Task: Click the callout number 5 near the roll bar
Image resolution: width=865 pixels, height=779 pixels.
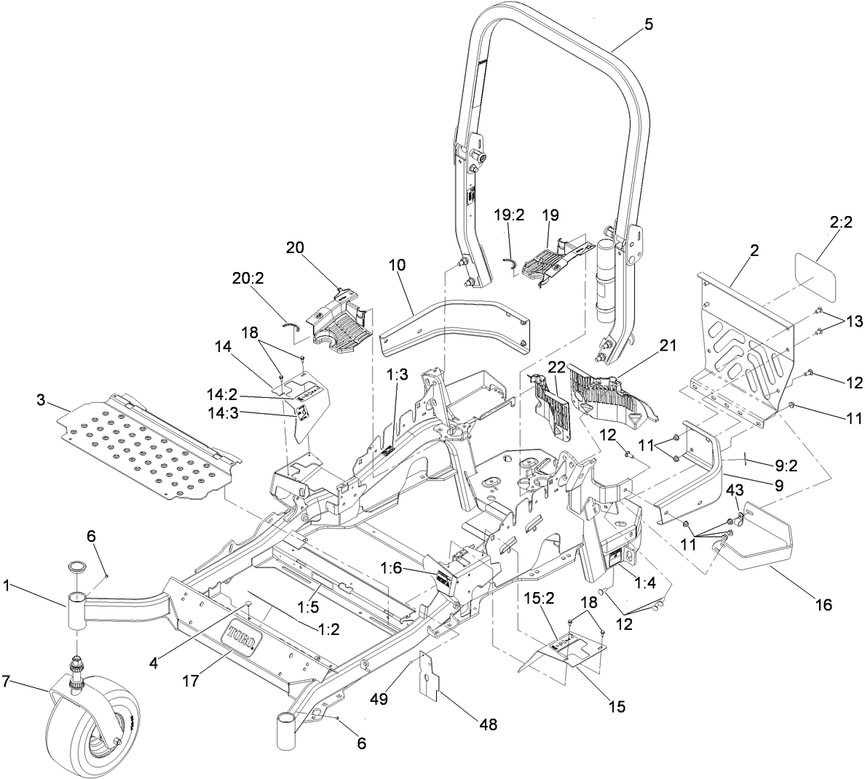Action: pyautogui.click(x=649, y=24)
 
